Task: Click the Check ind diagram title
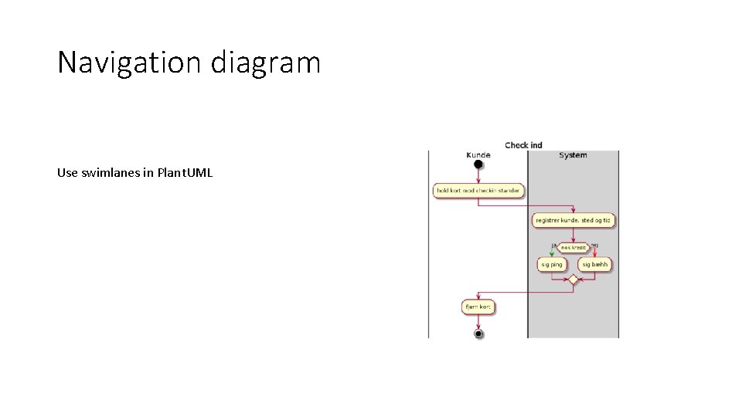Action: pyautogui.click(x=523, y=145)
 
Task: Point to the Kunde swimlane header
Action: pyautogui.click(x=478, y=154)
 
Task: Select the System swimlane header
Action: pyautogui.click(x=573, y=154)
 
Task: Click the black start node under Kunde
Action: pyautogui.click(x=478, y=165)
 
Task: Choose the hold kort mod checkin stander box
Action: pyautogui.click(x=478, y=190)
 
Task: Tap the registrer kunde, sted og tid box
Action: pyautogui.click(x=574, y=220)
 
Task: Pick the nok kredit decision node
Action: pyautogui.click(x=574, y=247)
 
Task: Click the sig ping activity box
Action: pyautogui.click(x=552, y=264)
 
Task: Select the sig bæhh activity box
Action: pyautogui.click(x=595, y=264)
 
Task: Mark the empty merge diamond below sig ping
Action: pyautogui.click(x=573, y=280)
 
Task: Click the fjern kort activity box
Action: pyautogui.click(x=478, y=307)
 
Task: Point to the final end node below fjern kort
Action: pyautogui.click(x=478, y=332)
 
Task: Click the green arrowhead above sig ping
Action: pyautogui.click(x=552, y=255)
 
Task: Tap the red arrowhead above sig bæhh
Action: pyautogui.click(x=595, y=255)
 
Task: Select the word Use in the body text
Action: pyautogui.click(x=67, y=172)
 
